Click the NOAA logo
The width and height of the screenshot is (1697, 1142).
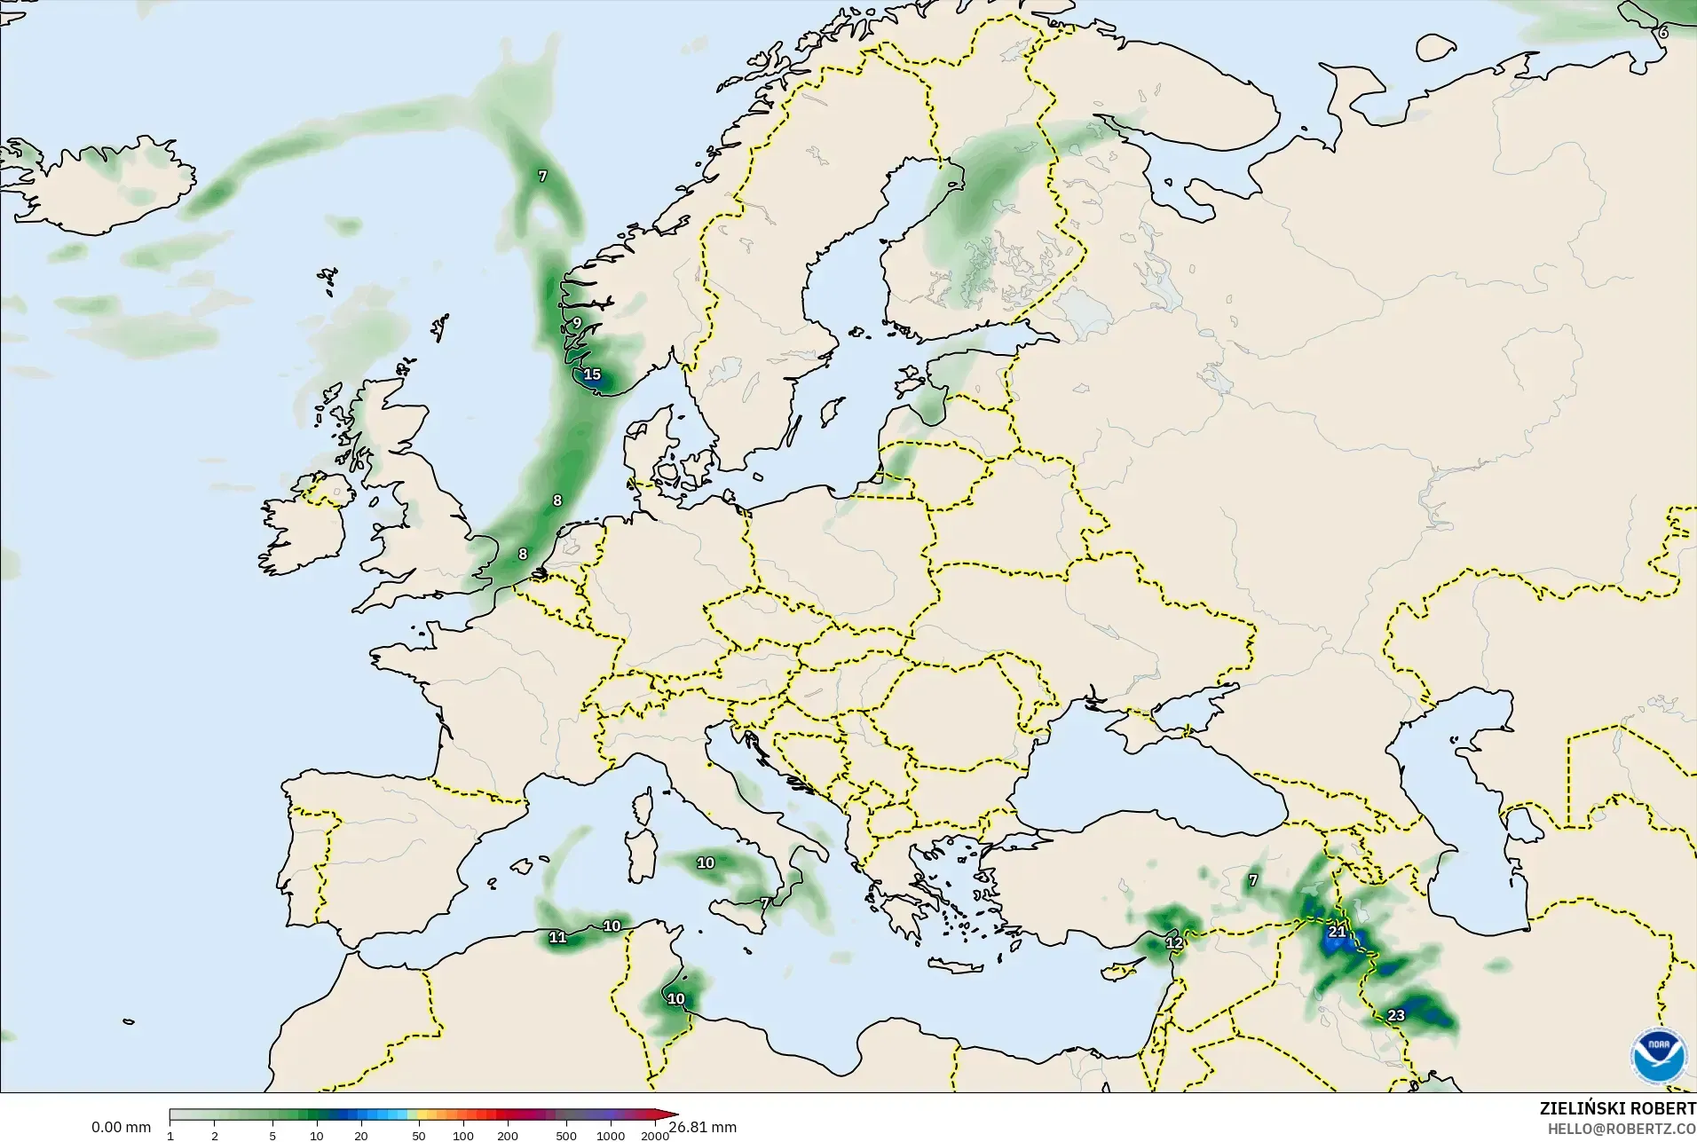point(1658,1055)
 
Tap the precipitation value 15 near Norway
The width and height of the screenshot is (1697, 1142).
point(592,374)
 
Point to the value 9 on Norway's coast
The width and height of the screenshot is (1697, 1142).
point(577,323)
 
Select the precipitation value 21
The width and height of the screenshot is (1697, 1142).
point(1337,932)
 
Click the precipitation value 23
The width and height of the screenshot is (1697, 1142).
point(1396,1015)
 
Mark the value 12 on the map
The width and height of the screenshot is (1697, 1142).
point(1174,942)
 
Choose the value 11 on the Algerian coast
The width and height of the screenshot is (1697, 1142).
point(557,937)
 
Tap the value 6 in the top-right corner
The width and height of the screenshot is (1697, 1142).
point(1663,33)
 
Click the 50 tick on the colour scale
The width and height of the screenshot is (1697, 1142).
point(419,1135)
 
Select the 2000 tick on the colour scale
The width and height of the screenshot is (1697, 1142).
point(655,1135)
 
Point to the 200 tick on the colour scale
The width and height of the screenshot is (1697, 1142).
point(508,1135)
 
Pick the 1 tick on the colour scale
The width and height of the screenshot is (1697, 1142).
point(170,1135)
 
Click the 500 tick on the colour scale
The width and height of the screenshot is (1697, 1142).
point(566,1135)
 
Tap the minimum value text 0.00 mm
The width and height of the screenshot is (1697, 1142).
point(121,1127)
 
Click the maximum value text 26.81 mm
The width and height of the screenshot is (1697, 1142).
point(702,1127)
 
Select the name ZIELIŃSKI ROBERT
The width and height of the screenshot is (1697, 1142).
point(1617,1109)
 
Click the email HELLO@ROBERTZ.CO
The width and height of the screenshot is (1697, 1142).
point(1622,1130)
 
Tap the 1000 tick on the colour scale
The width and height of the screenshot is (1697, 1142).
point(611,1135)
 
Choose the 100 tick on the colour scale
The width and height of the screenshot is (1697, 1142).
point(463,1135)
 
